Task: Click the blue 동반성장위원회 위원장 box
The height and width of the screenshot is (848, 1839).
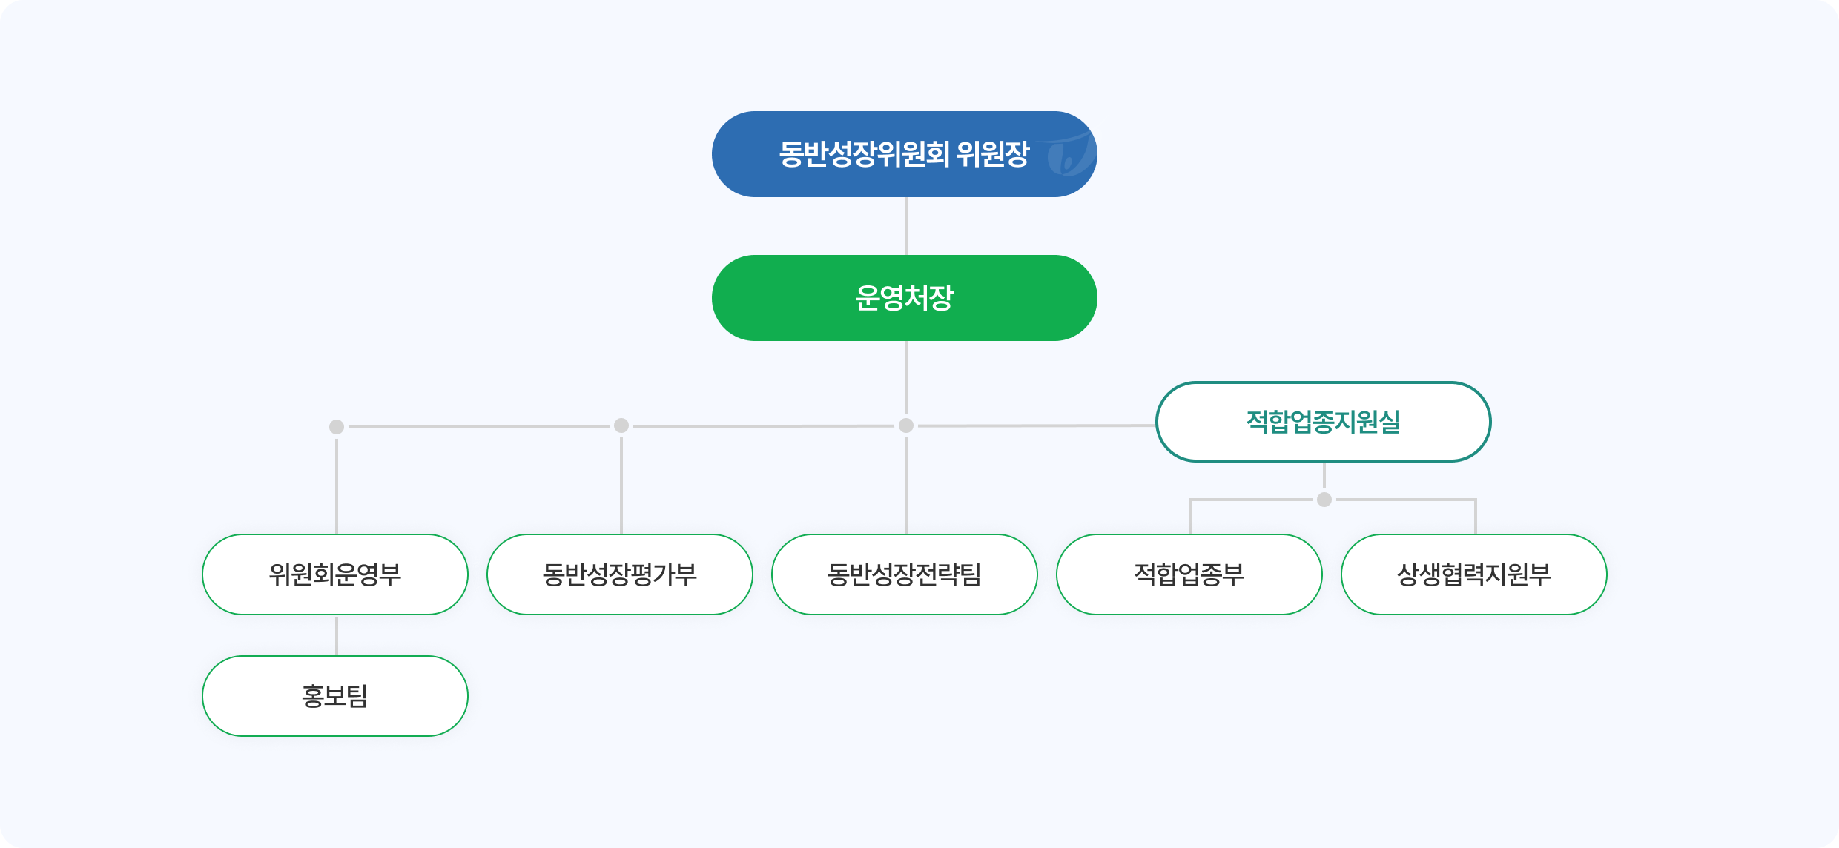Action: (905, 154)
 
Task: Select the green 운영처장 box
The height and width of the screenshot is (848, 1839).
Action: (905, 298)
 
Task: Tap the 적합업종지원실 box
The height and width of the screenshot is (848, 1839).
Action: (1324, 422)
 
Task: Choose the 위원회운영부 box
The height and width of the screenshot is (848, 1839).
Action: (335, 574)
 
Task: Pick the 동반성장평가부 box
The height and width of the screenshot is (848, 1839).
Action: (620, 574)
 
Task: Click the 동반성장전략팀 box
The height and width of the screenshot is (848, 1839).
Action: (905, 574)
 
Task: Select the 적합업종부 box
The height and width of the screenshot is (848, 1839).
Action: (1189, 574)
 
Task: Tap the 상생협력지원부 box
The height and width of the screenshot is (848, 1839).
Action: (1474, 574)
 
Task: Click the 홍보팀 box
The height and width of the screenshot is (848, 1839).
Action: (335, 696)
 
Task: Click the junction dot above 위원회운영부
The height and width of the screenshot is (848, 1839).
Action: (337, 427)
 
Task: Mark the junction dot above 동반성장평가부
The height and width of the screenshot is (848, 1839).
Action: (621, 425)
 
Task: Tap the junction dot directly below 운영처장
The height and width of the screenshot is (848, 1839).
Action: (906, 425)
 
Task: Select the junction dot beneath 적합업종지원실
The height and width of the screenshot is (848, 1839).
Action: (1324, 500)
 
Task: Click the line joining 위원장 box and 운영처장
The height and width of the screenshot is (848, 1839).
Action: (906, 226)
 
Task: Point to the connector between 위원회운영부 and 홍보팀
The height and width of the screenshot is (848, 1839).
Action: (337, 635)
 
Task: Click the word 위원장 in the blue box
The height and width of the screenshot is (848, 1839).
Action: (993, 154)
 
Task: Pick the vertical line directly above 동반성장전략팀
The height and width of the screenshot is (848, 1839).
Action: (906, 486)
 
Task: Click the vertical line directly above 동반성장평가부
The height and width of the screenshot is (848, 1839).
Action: (621, 486)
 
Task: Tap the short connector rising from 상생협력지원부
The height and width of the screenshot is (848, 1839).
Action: (1476, 517)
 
